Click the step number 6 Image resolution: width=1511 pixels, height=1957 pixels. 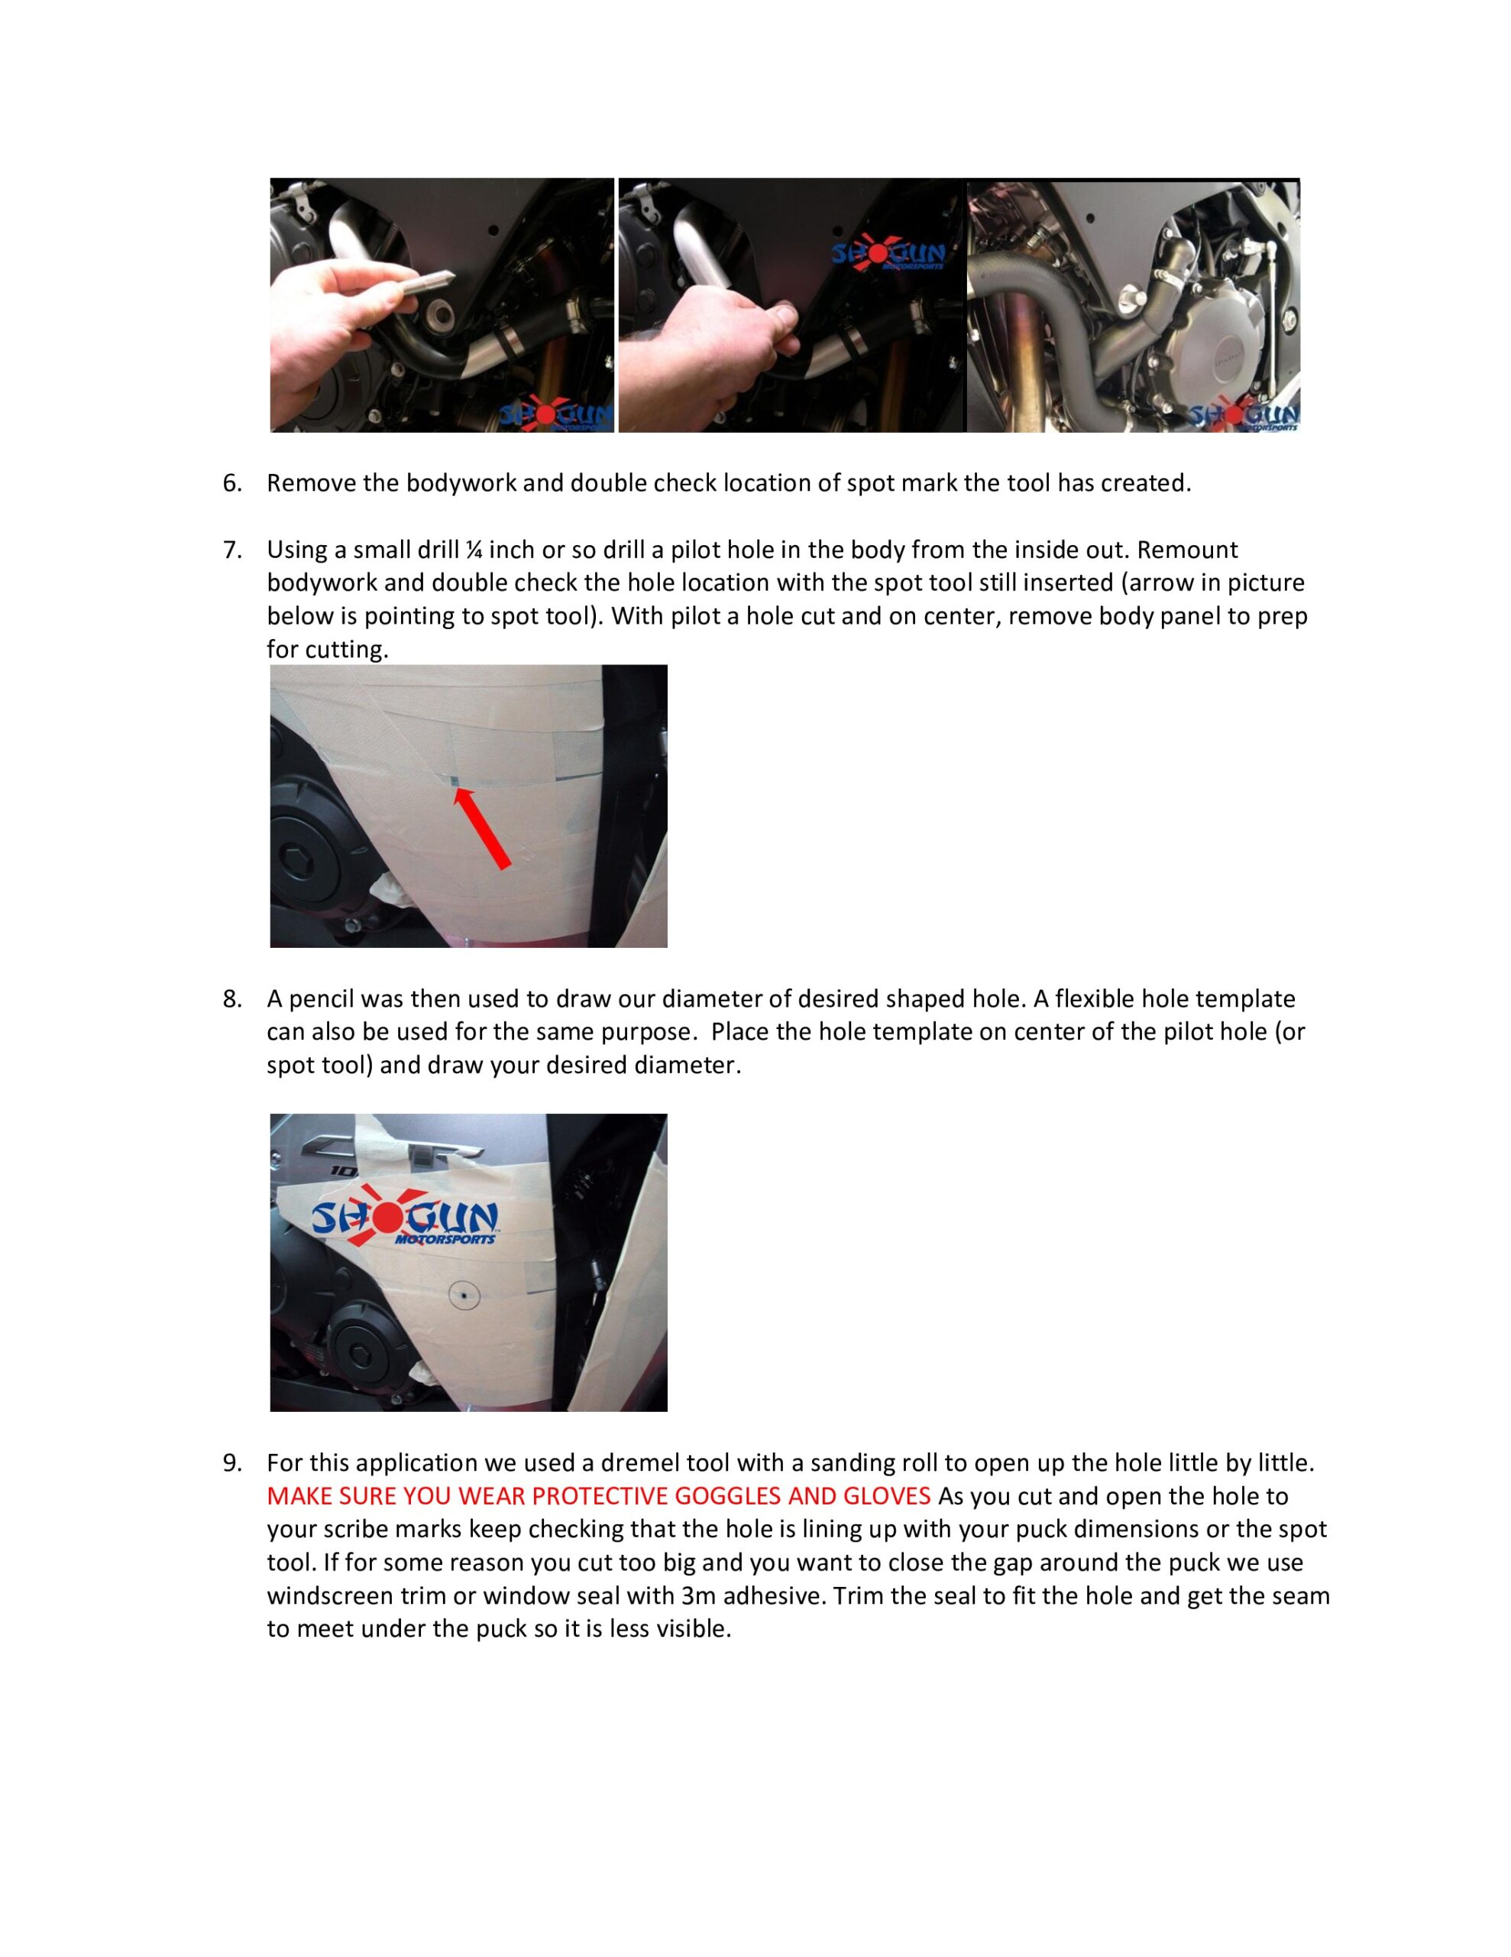point(232,484)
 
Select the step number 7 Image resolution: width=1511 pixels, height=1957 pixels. point(232,550)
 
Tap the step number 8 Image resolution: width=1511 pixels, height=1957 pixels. point(232,999)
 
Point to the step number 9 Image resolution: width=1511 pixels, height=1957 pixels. point(232,1463)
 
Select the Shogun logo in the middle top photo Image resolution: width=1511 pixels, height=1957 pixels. point(887,256)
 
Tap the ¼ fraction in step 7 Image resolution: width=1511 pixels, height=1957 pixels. point(474,550)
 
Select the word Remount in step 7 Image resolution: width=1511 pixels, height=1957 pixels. point(1188,550)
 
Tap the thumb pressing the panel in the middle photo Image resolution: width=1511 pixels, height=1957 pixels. point(779,319)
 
